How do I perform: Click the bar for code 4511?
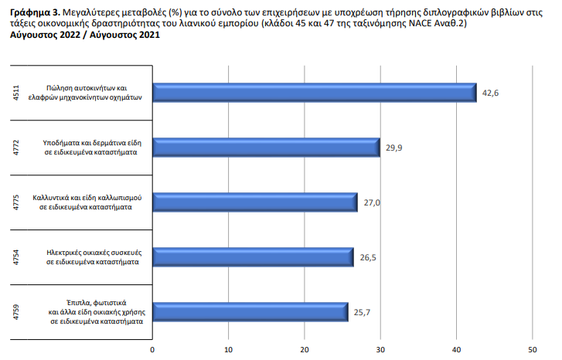313,92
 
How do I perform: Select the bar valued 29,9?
266,148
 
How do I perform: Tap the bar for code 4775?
254,202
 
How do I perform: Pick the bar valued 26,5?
252,257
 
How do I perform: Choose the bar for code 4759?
250,311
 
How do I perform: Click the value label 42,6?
491,93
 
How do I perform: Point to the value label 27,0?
372,203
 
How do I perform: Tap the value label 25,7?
363,312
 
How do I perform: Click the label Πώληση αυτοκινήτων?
97,87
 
